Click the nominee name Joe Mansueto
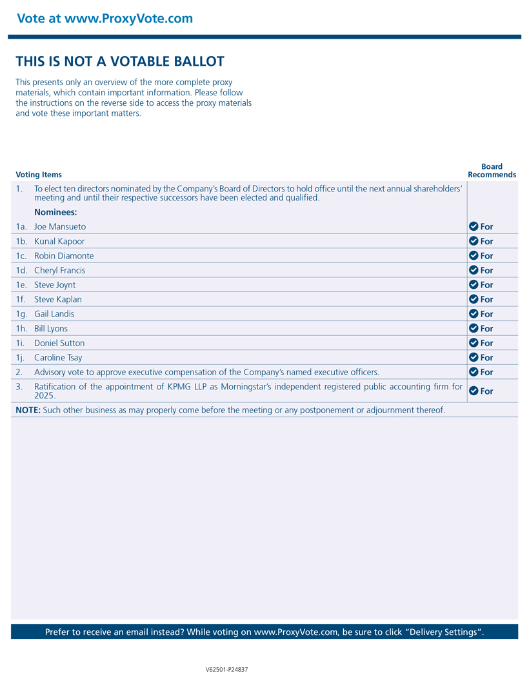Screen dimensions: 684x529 [x=60, y=227]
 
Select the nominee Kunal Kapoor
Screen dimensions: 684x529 [x=59, y=241]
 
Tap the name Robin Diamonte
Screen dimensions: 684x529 [x=64, y=256]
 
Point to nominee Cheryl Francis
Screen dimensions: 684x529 [x=59, y=271]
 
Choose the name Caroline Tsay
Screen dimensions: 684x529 [x=58, y=358]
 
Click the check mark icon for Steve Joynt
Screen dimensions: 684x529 [x=474, y=285]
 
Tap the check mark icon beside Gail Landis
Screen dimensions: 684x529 [x=474, y=314]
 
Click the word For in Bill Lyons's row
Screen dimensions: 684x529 [x=486, y=329]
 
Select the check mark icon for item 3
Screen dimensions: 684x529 [x=474, y=391]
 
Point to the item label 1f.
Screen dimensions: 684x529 [x=21, y=300]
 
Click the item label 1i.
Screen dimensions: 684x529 [x=21, y=343]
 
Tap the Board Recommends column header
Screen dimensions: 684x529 [x=492, y=170]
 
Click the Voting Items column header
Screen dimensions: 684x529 [x=39, y=175]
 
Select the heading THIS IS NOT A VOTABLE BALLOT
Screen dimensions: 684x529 [x=120, y=62]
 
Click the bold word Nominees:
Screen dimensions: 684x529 [x=55, y=212]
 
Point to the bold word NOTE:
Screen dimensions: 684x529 [x=28, y=410]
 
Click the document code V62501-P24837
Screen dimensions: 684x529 [x=226, y=670]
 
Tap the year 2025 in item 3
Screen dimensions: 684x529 [x=44, y=395]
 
